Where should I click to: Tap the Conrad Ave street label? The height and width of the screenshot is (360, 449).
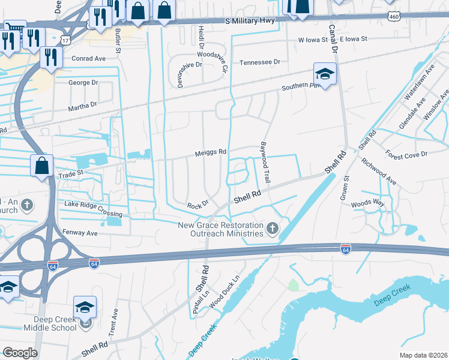click(88, 59)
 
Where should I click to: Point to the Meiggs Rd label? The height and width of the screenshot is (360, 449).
click(210, 152)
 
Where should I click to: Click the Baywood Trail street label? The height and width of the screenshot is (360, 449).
click(265, 163)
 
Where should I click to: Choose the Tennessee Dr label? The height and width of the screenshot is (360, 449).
click(260, 62)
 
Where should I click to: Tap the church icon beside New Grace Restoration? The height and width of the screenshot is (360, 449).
click(273, 228)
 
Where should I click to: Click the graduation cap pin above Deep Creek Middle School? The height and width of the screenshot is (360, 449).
click(85, 307)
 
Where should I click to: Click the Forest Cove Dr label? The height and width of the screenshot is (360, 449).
click(406, 154)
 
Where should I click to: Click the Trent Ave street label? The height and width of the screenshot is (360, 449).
click(113, 322)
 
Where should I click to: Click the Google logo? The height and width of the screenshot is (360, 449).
click(20, 353)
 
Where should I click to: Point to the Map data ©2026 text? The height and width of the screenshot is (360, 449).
click(423, 355)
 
